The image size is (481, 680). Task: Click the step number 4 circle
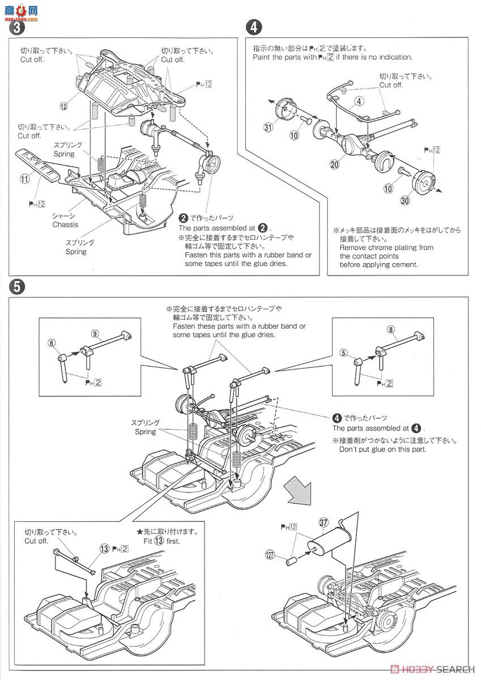254,26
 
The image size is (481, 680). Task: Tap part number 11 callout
24,180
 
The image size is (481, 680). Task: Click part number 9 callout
94,333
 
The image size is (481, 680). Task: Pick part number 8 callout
390,329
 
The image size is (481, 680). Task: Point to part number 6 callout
52,342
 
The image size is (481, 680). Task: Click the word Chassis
65,224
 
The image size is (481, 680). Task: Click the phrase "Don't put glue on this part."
382,449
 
